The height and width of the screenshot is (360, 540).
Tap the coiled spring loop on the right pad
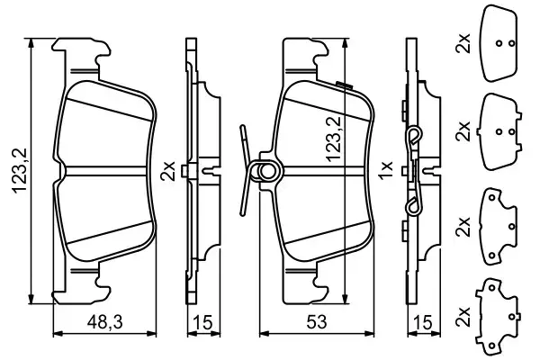267,170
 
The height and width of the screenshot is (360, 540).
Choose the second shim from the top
503,130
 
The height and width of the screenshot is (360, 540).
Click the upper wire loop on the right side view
415,137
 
